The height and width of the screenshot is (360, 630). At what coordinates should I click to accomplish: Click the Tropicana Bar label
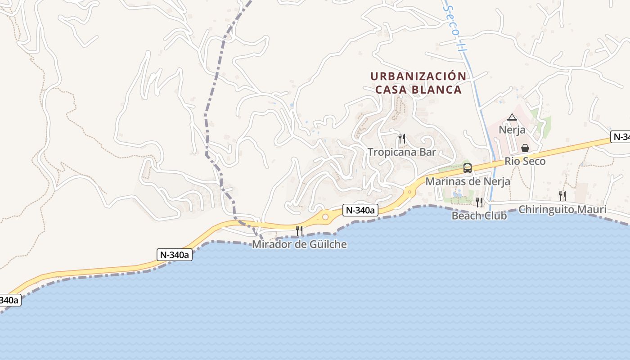click(x=402, y=152)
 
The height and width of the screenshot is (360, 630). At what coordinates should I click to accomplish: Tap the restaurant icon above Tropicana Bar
click(x=402, y=138)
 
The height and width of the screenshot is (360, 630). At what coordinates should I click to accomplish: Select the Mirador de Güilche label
click(x=299, y=244)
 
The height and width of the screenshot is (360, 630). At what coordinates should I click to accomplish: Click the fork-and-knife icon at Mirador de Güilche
click(x=299, y=231)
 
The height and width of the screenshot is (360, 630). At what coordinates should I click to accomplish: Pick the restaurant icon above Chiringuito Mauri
click(x=562, y=196)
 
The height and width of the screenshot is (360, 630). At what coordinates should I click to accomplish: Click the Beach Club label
click(x=479, y=216)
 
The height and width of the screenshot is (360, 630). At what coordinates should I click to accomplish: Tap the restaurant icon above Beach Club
click(x=479, y=202)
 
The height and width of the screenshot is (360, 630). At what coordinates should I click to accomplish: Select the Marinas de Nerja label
click(x=468, y=181)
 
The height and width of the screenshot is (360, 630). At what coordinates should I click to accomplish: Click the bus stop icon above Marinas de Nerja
click(x=468, y=168)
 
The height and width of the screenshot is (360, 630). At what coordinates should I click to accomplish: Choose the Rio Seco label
click(x=525, y=161)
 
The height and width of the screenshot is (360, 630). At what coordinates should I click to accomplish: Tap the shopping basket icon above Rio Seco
click(x=525, y=148)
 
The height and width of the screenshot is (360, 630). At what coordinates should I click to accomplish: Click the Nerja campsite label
click(x=512, y=130)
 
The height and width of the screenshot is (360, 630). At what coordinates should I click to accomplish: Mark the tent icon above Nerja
click(x=512, y=117)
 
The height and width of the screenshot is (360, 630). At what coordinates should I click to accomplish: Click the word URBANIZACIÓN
click(x=418, y=76)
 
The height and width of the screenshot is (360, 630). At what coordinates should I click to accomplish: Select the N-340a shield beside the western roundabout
click(x=360, y=210)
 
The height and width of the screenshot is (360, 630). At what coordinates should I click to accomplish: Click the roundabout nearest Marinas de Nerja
click(x=409, y=192)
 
